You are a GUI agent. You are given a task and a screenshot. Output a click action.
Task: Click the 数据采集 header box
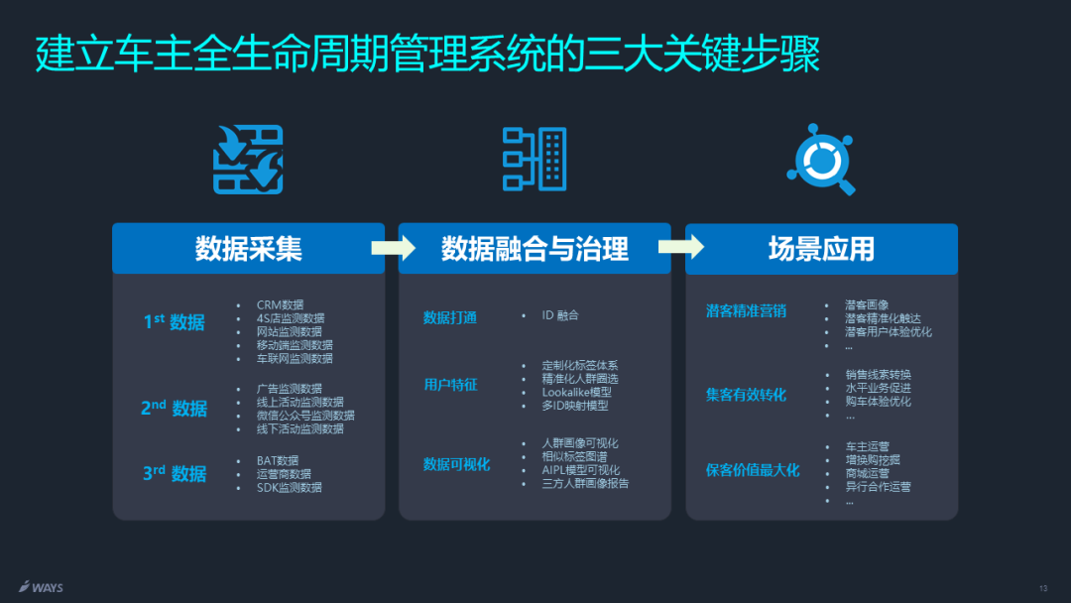248,249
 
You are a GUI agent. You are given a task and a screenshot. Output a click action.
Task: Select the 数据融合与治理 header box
535,249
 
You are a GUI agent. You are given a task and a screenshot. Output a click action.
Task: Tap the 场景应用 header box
821,249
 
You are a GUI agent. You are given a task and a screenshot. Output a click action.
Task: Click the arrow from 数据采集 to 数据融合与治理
393,248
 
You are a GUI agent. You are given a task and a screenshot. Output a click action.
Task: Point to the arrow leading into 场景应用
679,248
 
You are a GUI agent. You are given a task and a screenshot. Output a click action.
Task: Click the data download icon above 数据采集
248,160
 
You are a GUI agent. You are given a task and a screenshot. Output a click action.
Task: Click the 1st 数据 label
175,321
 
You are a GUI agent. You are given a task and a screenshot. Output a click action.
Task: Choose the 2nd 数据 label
175,408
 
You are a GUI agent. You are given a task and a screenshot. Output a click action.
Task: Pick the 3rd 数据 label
175,473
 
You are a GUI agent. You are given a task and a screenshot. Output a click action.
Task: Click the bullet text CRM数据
280,304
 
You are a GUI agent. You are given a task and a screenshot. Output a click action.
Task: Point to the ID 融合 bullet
559,314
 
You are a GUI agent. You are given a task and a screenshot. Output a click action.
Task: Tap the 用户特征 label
450,384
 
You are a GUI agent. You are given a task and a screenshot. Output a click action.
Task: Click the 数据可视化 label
456,464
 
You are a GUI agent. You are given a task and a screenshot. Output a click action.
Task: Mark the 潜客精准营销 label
746,310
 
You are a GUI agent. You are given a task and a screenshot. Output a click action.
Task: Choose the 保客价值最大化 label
753,470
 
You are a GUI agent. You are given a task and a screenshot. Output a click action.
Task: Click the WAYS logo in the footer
41,586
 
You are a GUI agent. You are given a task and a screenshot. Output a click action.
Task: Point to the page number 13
1042,588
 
